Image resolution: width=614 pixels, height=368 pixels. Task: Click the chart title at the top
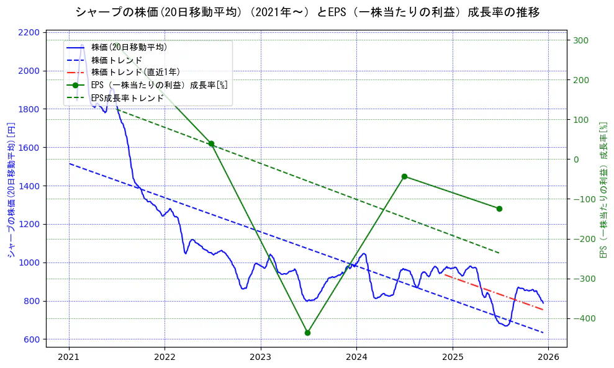[307, 12]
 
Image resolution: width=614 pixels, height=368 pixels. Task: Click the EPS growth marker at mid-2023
[307, 333]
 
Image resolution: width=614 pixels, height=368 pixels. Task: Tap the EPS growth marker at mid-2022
[211, 143]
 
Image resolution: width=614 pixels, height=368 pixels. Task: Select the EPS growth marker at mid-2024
[404, 176]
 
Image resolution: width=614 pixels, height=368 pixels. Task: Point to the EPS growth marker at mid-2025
[499, 209]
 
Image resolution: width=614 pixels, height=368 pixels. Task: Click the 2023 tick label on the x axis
[261, 357]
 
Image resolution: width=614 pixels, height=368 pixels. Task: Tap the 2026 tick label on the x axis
[548, 357]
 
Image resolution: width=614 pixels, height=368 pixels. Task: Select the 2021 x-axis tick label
[69, 357]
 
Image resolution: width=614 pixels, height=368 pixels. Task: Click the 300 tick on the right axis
[580, 40]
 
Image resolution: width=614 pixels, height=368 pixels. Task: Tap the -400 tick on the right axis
[582, 318]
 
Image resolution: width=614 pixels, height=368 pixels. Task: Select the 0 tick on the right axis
[576, 159]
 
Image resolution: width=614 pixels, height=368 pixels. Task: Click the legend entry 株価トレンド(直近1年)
[135, 73]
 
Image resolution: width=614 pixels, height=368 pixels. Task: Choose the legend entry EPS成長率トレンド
[127, 98]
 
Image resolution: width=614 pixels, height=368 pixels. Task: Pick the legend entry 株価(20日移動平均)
[129, 47]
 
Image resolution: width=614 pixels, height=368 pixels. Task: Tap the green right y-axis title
[603, 189]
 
